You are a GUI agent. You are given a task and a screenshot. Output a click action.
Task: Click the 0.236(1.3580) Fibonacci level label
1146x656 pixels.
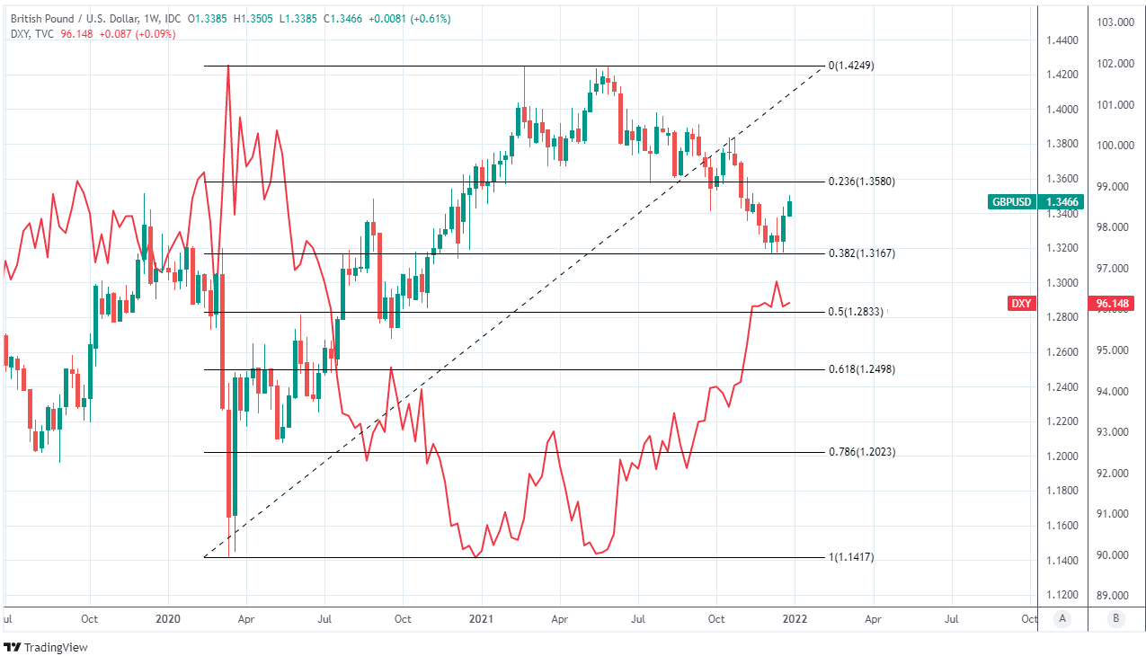[861, 182]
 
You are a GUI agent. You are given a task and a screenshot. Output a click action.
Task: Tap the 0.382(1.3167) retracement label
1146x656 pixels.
[861, 253]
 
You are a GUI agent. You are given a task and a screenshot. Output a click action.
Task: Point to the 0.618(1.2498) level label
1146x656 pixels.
[861, 369]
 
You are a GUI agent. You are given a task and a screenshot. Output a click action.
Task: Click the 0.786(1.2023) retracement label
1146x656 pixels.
[861, 452]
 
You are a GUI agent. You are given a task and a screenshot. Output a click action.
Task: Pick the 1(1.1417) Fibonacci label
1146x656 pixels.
[850, 557]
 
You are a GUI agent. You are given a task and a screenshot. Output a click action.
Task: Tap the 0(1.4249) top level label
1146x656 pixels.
[850, 66]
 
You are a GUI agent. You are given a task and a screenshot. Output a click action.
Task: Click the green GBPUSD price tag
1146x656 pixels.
[1010, 203]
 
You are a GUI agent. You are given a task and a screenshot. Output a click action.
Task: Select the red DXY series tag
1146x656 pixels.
[1021, 304]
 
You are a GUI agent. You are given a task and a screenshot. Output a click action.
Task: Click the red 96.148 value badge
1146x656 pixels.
[1111, 304]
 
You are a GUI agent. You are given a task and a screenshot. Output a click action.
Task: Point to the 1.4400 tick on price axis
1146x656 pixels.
[1063, 40]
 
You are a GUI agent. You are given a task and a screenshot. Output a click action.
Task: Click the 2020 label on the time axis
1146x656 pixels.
[168, 619]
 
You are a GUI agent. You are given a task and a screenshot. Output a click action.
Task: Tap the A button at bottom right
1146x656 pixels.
[1062, 619]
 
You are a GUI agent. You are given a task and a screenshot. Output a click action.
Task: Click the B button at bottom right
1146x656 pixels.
[1115, 619]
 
